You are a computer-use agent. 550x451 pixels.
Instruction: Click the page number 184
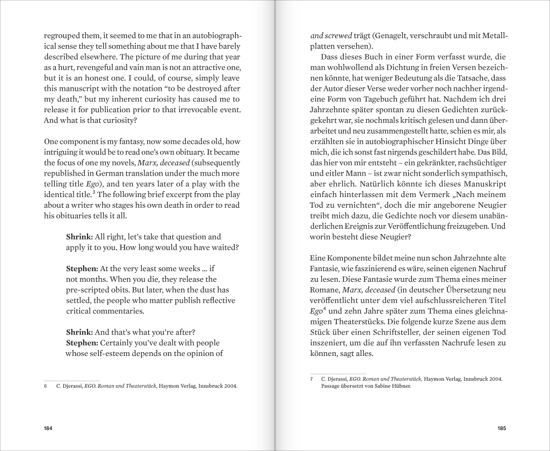(48, 428)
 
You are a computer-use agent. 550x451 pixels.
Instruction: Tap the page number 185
(502, 428)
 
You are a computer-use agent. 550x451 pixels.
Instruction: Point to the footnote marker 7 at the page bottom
(312, 379)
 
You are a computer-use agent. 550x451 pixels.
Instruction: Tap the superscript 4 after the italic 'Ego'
(324, 309)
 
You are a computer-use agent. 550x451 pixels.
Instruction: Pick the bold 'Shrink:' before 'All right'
(82, 237)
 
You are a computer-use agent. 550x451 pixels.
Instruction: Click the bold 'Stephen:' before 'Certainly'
(82, 343)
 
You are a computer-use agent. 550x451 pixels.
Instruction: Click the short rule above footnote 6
(71, 380)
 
